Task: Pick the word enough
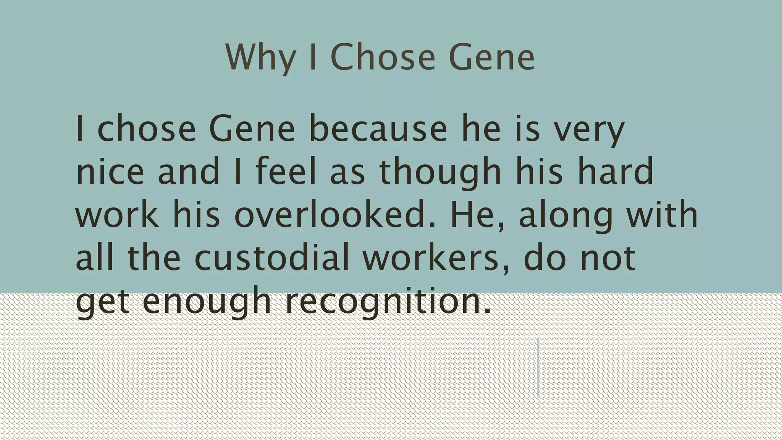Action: (207, 302)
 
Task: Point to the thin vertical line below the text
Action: (538, 367)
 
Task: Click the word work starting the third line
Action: (117, 215)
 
